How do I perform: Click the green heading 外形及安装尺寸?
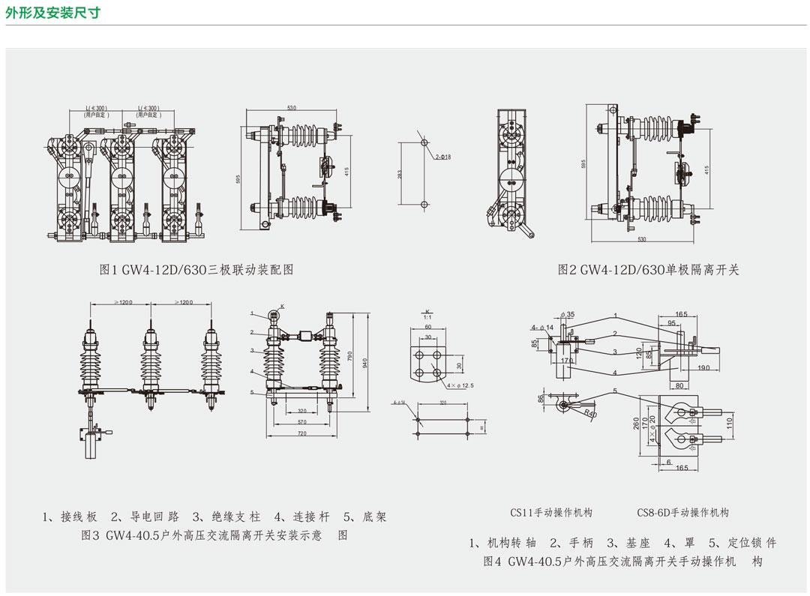click(x=52, y=13)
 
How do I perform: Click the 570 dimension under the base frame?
click(x=301, y=423)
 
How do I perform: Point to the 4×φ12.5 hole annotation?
click(x=460, y=385)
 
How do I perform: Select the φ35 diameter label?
click(x=569, y=315)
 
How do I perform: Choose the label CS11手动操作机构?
click(x=551, y=513)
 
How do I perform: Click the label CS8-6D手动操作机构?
click(x=682, y=513)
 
